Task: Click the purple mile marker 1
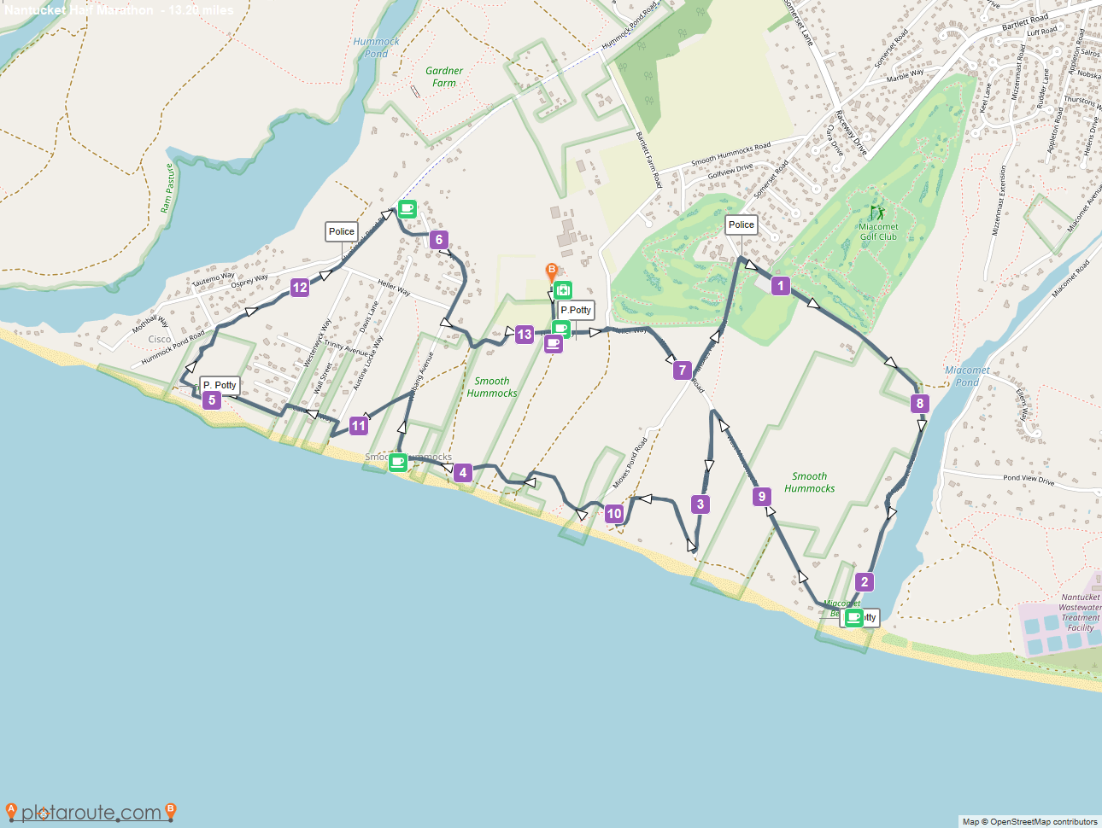point(780,286)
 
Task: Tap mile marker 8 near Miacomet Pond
point(919,404)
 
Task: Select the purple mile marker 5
point(212,399)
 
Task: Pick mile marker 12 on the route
point(299,288)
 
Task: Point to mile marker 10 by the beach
point(613,514)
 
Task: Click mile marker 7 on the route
point(681,370)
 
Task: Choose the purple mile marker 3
point(700,504)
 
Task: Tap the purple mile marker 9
point(762,497)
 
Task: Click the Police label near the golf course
point(741,224)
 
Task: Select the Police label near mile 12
point(341,231)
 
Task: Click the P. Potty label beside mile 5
point(220,385)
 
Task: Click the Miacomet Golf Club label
point(878,231)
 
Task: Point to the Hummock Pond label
point(376,47)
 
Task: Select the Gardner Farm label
point(444,77)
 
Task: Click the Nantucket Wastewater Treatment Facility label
point(1080,612)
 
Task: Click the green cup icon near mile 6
point(407,208)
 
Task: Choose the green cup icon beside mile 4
point(397,463)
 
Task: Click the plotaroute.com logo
point(91,812)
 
